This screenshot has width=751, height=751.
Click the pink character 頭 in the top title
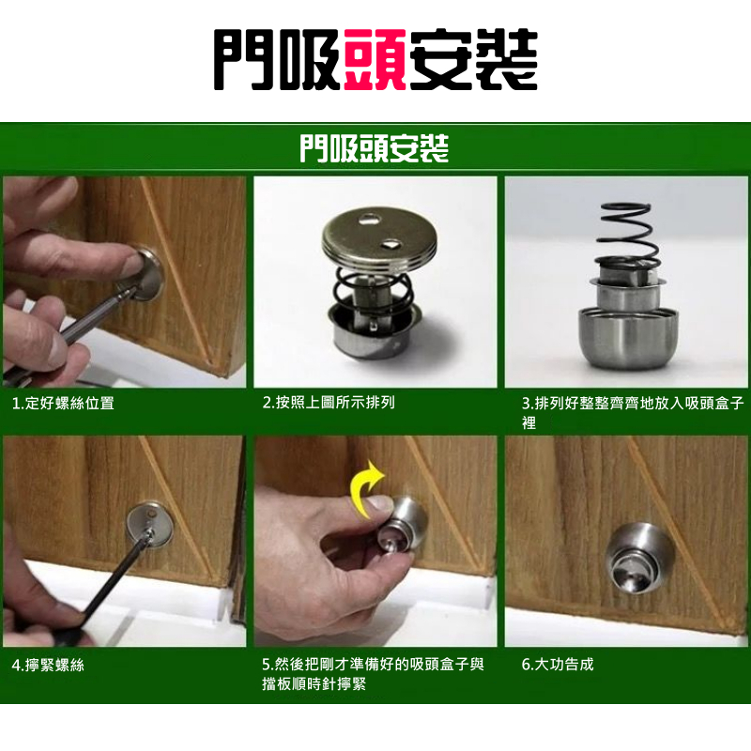(375, 59)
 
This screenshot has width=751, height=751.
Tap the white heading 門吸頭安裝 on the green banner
(374, 148)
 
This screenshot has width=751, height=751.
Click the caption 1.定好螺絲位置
(63, 404)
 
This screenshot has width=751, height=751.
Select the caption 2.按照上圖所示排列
(329, 403)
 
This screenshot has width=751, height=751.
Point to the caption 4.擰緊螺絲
(48, 665)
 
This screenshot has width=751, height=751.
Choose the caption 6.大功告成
(558, 665)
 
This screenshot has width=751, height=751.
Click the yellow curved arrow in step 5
(366, 487)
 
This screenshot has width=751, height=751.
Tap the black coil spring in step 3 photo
(627, 237)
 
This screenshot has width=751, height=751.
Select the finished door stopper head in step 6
(639, 559)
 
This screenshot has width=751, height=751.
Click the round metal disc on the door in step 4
(149, 524)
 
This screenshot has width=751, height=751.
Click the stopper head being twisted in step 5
(402, 526)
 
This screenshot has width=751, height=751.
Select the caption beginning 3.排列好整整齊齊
(633, 412)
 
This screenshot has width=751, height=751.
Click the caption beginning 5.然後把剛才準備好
(373, 674)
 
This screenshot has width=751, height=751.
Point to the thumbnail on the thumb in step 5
(380, 502)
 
